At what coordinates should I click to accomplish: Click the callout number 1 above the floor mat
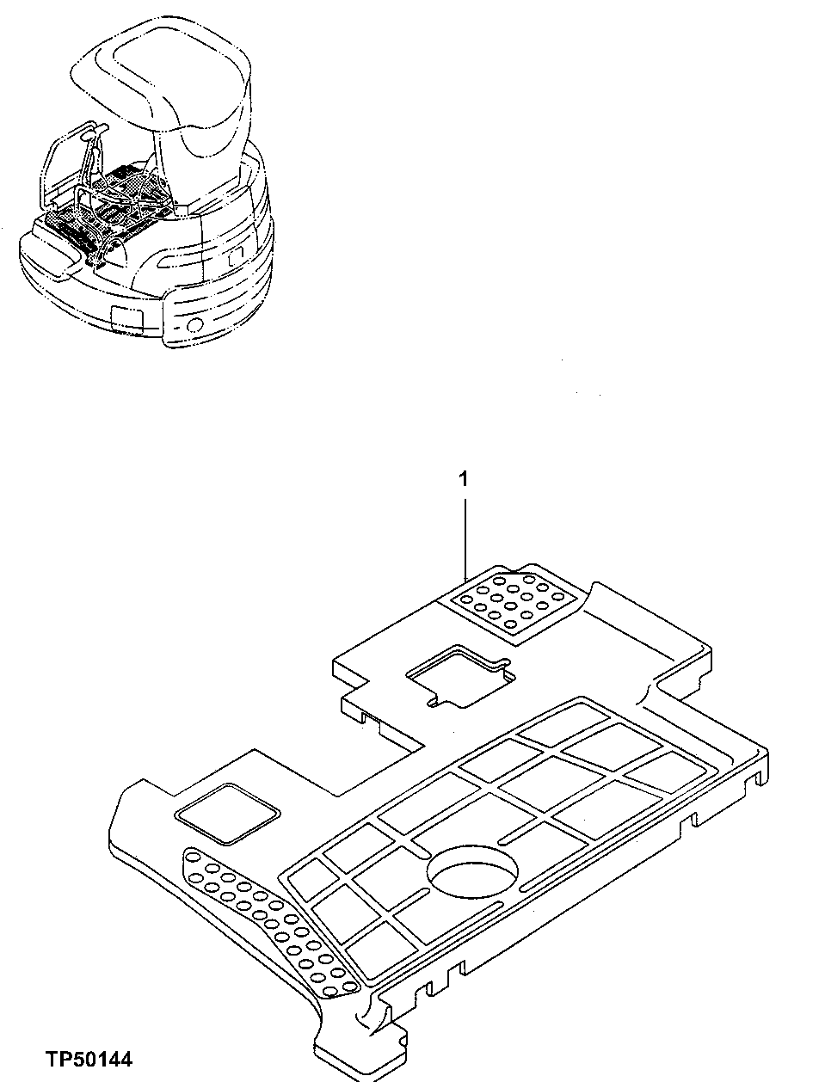pyautogui.click(x=465, y=480)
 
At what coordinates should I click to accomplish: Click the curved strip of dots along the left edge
pyautogui.click(x=267, y=912)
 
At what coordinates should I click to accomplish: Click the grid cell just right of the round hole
pyautogui.click(x=551, y=851)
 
